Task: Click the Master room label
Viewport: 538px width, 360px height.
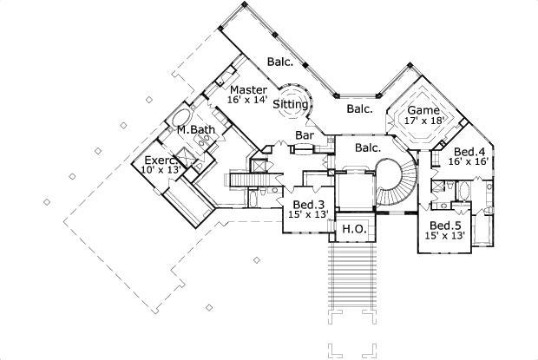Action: click(x=247, y=89)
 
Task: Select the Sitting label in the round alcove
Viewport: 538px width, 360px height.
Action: click(x=290, y=104)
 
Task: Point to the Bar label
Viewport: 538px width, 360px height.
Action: click(x=304, y=135)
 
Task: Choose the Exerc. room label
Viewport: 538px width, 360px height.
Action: click(x=161, y=160)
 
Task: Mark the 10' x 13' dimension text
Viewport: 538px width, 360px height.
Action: click(x=160, y=171)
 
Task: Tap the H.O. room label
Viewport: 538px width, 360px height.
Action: click(x=352, y=229)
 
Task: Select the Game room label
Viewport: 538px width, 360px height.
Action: click(x=423, y=111)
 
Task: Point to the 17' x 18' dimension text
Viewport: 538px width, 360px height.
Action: click(x=423, y=122)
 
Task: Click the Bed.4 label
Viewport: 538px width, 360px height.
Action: click(x=469, y=150)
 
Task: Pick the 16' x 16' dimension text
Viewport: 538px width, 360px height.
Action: click(x=469, y=161)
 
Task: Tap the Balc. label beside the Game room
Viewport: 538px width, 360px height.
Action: click(x=359, y=109)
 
